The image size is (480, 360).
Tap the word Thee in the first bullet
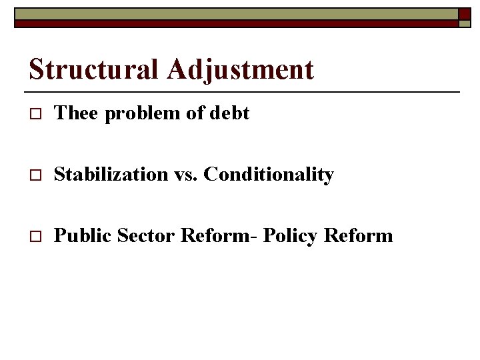pos(75,113)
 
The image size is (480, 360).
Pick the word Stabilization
pos(111,175)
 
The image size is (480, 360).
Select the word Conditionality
pos(268,175)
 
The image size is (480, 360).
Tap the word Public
pos(83,235)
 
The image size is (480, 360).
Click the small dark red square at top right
pos(463,14)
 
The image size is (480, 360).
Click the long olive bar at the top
pos(233,14)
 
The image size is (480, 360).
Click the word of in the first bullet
pos(195,113)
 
